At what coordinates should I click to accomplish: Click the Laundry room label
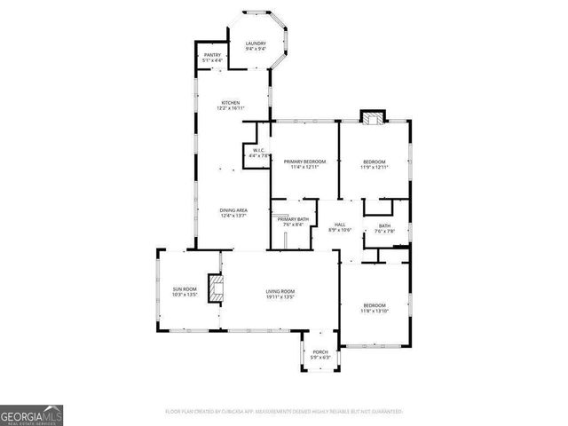click(256, 43)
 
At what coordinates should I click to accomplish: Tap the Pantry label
click(212, 56)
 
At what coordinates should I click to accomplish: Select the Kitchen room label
click(231, 102)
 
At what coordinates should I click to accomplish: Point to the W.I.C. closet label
click(259, 151)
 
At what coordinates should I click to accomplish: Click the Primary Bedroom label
click(304, 161)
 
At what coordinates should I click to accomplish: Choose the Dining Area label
click(233, 210)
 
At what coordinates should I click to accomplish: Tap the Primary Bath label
click(293, 219)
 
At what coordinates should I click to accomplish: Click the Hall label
click(339, 225)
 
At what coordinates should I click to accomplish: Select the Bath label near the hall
click(384, 225)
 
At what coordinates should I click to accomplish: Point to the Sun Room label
click(184, 289)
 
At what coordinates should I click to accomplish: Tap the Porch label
click(320, 352)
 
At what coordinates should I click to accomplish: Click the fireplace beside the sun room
click(214, 288)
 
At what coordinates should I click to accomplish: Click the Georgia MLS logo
click(32, 415)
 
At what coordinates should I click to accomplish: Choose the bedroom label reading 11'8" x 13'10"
click(374, 309)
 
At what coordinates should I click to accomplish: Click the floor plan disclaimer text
click(284, 412)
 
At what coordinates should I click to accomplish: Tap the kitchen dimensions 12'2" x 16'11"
click(231, 108)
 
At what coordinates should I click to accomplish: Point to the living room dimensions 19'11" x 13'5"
click(280, 297)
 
